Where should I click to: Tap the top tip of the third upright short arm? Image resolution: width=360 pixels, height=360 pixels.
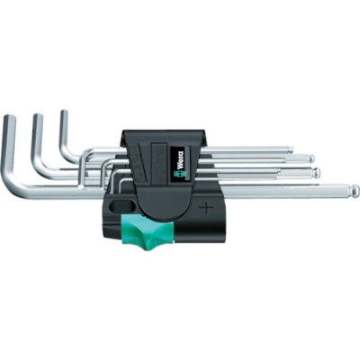tap(65, 112)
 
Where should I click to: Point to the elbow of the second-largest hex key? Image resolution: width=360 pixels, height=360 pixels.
tap(43, 171)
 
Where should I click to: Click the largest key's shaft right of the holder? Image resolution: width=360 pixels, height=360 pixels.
tap(288, 190)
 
